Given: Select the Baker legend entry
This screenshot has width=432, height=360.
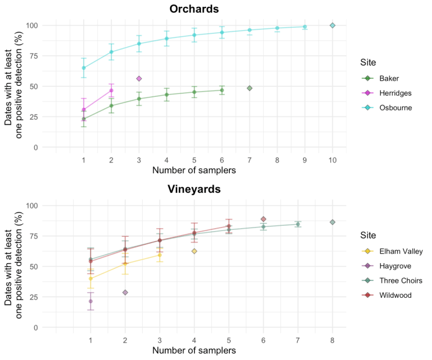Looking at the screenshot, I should click(x=390, y=78).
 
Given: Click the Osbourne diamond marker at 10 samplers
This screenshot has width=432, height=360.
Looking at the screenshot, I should click(x=332, y=25).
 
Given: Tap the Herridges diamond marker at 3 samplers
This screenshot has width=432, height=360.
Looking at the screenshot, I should click(x=139, y=78).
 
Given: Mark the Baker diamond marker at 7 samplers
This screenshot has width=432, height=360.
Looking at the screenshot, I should click(x=249, y=88).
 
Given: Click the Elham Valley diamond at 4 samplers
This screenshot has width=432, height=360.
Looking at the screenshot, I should click(x=194, y=251).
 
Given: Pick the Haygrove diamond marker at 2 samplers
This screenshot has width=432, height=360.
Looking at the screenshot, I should click(x=125, y=293).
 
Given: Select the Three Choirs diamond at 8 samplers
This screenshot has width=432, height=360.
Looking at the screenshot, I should click(x=332, y=222).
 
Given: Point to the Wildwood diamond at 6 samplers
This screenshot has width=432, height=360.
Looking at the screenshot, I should click(x=263, y=219).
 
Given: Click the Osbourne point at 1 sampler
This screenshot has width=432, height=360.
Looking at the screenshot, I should click(x=84, y=68).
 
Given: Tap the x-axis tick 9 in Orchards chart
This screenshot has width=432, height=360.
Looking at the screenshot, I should click(x=305, y=159).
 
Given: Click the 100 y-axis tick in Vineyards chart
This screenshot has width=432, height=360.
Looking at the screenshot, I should click(x=32, y=206).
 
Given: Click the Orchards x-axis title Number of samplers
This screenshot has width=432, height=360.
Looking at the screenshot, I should click(x=194, y=170).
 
